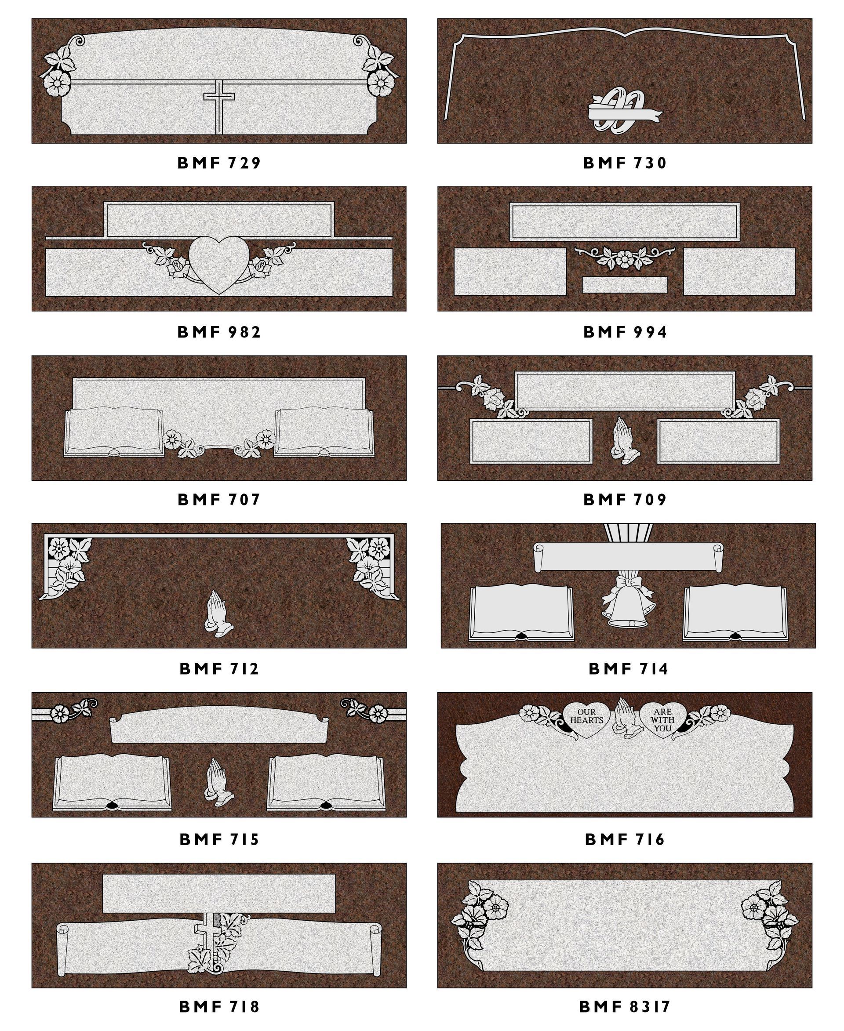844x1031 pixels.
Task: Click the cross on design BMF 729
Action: pos(219,107)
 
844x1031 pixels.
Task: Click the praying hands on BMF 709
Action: pos(625,439)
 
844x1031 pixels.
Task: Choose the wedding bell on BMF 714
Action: pos(629,601)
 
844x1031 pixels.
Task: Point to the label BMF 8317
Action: pos(625,1006)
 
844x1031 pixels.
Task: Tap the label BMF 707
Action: pos(219,499)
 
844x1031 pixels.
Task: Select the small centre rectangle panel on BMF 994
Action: pos(625,285)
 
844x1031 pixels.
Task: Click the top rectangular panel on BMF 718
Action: pos(219,893)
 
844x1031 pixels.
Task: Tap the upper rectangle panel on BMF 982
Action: pos(219,220)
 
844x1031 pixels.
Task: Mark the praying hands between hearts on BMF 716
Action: pos(625,719)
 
